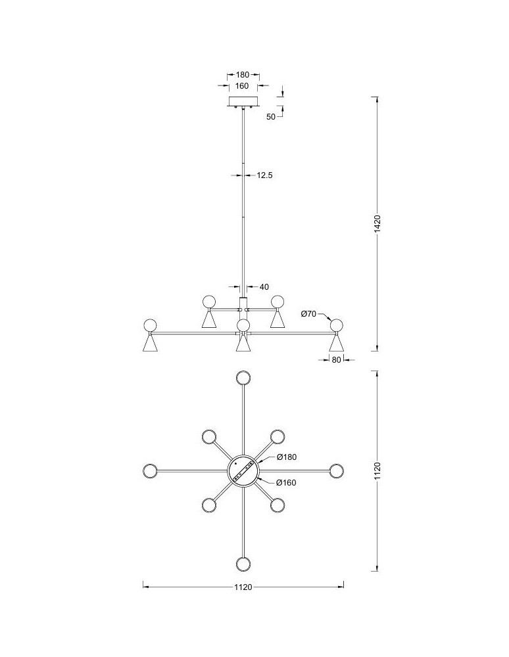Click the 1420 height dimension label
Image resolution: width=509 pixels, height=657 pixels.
377,224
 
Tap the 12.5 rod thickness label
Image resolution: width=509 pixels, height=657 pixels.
264,175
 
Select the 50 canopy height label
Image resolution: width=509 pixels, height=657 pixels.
271,117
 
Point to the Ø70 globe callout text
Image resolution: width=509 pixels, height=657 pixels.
308,313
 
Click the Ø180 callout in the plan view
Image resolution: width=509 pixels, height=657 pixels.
286,457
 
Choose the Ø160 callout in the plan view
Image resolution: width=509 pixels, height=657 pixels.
286,483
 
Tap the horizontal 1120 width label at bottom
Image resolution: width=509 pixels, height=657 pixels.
243,587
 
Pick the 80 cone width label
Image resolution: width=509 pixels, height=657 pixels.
336,359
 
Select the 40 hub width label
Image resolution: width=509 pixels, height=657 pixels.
264,287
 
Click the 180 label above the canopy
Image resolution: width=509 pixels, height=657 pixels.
243,75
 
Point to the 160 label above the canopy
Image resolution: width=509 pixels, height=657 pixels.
242,86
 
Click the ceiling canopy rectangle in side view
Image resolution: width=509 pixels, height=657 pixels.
243,101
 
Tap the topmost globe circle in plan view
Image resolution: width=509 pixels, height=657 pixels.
243,378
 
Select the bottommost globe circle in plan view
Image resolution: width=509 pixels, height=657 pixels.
243,564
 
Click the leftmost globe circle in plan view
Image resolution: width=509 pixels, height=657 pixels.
150,471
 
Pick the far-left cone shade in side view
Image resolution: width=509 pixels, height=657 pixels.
150,344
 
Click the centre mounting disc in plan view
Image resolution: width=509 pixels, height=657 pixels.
243,471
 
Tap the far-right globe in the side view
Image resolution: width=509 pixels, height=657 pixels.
336,325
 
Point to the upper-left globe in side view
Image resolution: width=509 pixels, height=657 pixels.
209,302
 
